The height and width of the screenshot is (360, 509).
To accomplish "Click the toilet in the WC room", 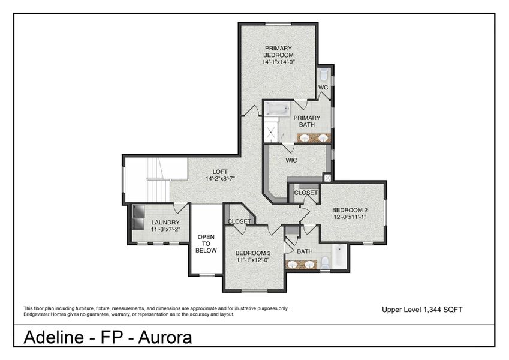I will coord(324,76).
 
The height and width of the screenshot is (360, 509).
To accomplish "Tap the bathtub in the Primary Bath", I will coord(278,109).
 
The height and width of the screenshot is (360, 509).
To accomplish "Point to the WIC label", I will coord(292,160).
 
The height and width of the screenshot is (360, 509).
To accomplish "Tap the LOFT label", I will coord(217,170).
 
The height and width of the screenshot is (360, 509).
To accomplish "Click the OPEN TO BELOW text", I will coord(206,243).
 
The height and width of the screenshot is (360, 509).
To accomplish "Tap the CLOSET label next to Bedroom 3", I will coord(239,221).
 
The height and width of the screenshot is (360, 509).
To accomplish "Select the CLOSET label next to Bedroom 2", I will coord(306,193).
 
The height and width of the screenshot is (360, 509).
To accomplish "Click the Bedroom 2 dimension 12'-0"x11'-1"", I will coord(350,217).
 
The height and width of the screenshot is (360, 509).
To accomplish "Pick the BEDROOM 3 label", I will coord(252,253).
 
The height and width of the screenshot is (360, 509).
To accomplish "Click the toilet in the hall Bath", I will coord(324,262).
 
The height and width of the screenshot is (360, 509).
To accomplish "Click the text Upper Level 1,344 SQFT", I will coord(422,310).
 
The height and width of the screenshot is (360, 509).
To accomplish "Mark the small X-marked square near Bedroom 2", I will coord(327,178).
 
